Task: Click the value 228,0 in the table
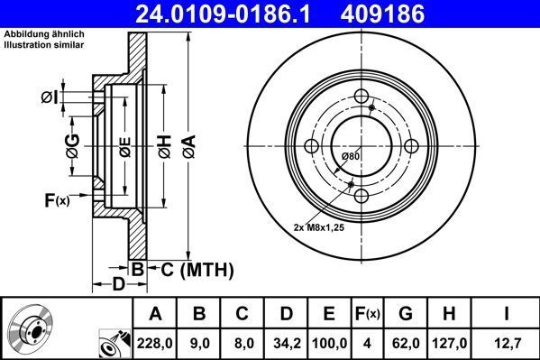pyautogui.click(x=156, y=343)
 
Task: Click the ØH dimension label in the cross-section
pyautogui.click(x=164, y=144)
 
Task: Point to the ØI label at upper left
pyautogui.click(x=50, y=97)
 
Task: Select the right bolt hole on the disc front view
pyautogui.click(x=411, y=147)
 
